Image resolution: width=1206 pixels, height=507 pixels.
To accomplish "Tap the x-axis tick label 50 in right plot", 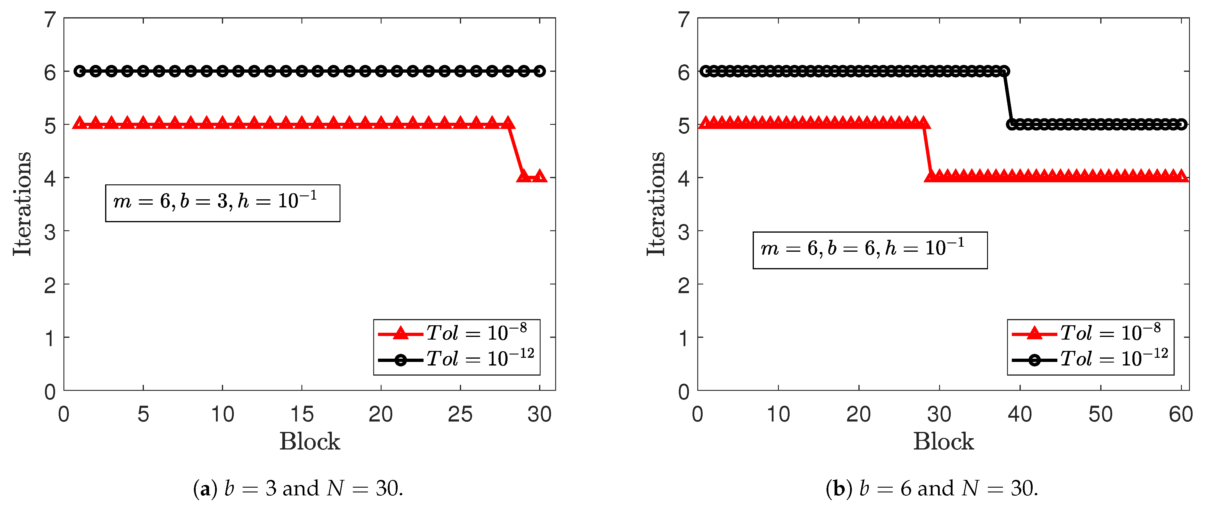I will pos(1100,415).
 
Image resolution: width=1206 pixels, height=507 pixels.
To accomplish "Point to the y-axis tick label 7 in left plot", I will pos(50,20).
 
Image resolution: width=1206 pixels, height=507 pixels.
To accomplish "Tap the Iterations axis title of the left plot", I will pos(22,204).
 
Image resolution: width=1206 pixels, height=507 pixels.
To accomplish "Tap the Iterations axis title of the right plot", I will pos(656,204).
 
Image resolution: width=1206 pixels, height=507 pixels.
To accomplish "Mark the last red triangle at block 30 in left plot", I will pos(539,176).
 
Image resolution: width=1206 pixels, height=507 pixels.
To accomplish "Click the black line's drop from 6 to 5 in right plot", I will pos(1008,97).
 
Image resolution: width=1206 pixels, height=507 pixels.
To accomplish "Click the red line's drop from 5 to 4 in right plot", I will pos(927,151).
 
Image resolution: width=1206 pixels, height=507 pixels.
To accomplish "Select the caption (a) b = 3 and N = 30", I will pos(298,488).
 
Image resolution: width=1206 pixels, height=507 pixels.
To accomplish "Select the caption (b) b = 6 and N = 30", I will pos(932,488).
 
